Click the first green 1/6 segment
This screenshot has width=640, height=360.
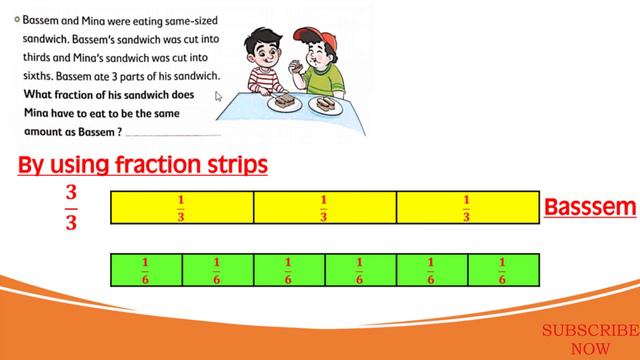tap(146, 271)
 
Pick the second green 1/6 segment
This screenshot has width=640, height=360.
tap(217, 271)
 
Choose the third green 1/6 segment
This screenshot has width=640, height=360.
tap(289, 271)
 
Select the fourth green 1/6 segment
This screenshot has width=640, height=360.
tap(361, 271)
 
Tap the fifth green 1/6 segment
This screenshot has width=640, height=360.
tap(432, 271)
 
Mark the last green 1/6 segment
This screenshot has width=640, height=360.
tap(503, 271)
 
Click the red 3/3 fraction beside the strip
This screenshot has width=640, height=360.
tap(71, 207)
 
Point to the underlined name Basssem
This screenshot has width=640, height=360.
tap(590, 208)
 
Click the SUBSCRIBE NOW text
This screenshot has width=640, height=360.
tap(590, 339)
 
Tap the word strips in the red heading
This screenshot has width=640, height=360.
tap(232, 163)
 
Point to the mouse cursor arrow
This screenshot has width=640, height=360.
tap(219, 97)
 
